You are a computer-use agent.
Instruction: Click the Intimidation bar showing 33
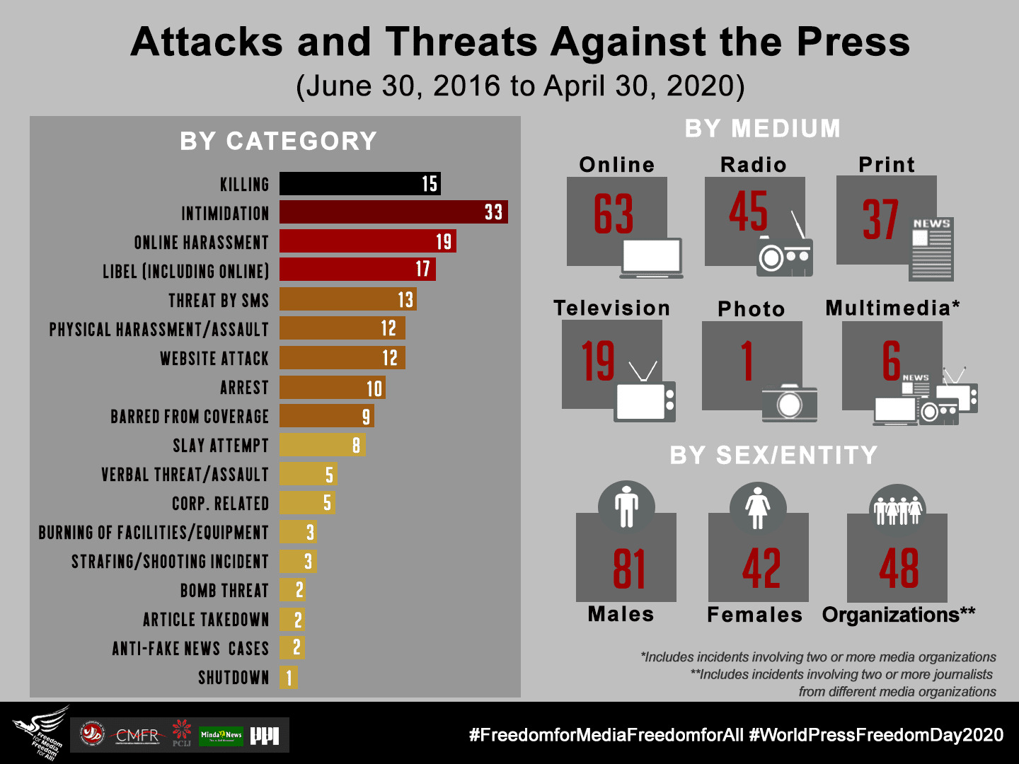pos(393,212)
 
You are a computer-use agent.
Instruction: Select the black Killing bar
pos(359,184)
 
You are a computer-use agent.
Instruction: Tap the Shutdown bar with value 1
pos(288,678)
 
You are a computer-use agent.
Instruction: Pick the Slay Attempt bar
pos(322,445)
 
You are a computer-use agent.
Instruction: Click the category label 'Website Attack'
pos(214,359)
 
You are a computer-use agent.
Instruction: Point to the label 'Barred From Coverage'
pos(190,417)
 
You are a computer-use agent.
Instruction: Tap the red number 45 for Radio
pos(748,212)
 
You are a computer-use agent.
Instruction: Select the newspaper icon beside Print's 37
pos(931,249)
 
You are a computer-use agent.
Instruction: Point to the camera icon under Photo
pos(789,403)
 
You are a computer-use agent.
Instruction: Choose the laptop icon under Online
pos(651,258)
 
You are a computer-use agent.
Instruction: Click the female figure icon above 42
pos(758,508)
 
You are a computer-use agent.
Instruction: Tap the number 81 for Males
pos(628,569)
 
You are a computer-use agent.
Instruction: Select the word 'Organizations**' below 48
pos(898,615)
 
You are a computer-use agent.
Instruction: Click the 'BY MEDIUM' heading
pos(763,129)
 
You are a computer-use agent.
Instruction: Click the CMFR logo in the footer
pos(137,735)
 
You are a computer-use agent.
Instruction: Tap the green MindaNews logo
pos(221,736)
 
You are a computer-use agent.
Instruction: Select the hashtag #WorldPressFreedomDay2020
pos(876,735)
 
